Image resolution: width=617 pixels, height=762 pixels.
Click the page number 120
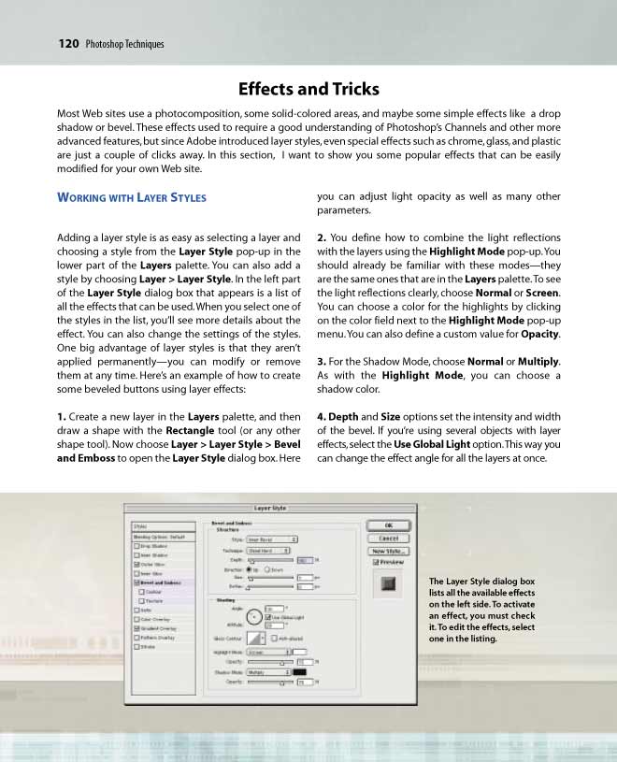click(x=67, y=43)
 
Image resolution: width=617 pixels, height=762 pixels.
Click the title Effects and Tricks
click(x=308, y=90)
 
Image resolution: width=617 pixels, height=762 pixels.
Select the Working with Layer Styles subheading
click(x=131, y=197)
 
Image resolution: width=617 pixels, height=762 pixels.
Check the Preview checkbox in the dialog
click(x=376, y=563)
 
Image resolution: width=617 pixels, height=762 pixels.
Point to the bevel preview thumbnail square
click(x=390, y=584)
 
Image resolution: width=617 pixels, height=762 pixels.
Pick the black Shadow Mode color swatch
click(x=300, y=671)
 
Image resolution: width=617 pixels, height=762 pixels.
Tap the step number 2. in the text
click(x=322, y=237)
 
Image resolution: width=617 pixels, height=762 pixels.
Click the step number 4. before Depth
click(x=322, y=416)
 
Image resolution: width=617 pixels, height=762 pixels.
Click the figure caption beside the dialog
click(x=481, y=611)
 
